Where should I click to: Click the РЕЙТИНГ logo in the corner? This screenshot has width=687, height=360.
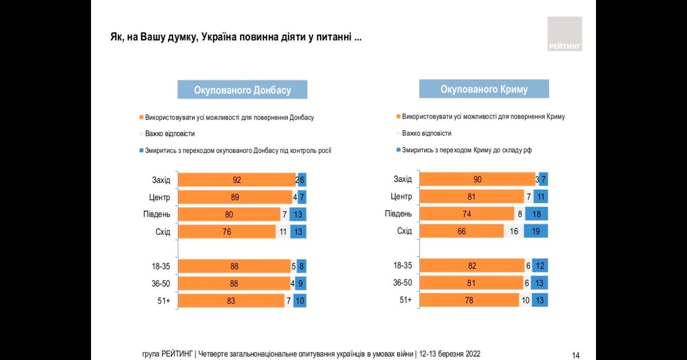point(564,34)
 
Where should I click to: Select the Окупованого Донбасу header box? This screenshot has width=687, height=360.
point(242,90)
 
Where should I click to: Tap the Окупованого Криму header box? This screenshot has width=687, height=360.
point(484,89)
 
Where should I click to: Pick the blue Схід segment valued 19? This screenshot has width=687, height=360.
point(536,231)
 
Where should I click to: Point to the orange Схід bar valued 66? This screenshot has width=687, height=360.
point(461,231)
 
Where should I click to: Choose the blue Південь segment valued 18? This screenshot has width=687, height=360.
point(536,214)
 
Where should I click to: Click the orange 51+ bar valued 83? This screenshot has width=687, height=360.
point(231,301)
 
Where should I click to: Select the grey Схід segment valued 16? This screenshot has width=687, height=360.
point(513,231)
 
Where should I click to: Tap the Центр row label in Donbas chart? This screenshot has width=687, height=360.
point(160,198)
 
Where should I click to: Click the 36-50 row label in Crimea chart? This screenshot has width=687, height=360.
point(402,283)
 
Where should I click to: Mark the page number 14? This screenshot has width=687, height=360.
point(576,355)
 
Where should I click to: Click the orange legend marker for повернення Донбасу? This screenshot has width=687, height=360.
point(141,118)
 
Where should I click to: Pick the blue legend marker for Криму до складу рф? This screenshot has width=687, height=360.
point(398,150)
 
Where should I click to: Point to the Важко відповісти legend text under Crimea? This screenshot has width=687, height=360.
point(426,133)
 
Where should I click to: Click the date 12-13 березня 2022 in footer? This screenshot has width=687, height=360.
point(451,354)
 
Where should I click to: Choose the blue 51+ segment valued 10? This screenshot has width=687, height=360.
point(299,301)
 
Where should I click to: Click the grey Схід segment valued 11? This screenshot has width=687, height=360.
point(283,232)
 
